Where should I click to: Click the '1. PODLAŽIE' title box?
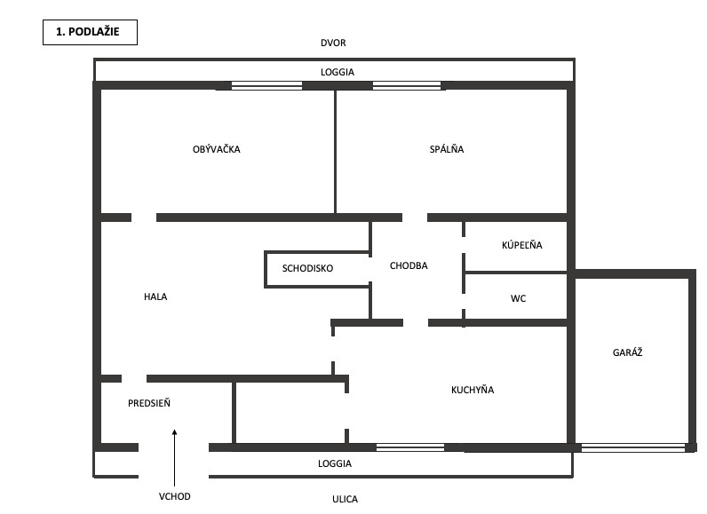90,34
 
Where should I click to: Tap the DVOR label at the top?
334,43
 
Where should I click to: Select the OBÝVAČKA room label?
216,149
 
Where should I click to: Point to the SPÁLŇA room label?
446,149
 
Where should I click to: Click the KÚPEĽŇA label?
521,245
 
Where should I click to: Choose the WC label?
518,298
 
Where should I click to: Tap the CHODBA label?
409,265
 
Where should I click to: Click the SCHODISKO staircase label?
308,267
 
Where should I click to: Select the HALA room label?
155,297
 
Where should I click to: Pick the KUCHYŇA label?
473,390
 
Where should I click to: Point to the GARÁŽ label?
627,352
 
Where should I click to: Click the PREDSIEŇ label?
149,403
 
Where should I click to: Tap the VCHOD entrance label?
175,496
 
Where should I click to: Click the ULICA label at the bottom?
345,499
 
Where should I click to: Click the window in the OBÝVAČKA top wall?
266,86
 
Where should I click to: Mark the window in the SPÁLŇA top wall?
407,86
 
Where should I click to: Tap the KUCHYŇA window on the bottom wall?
410,447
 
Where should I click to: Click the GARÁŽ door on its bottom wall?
634,447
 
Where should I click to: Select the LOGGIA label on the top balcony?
335,71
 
